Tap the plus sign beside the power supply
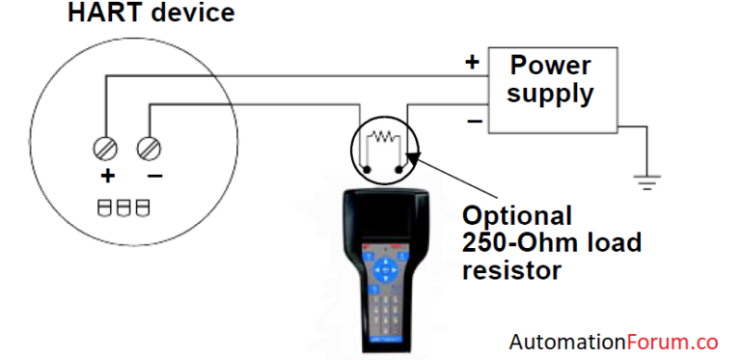tap(472, 63)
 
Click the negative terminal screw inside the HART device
tap(150, 149)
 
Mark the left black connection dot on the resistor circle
tap(367, 171)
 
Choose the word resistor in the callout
tap(511, 269)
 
